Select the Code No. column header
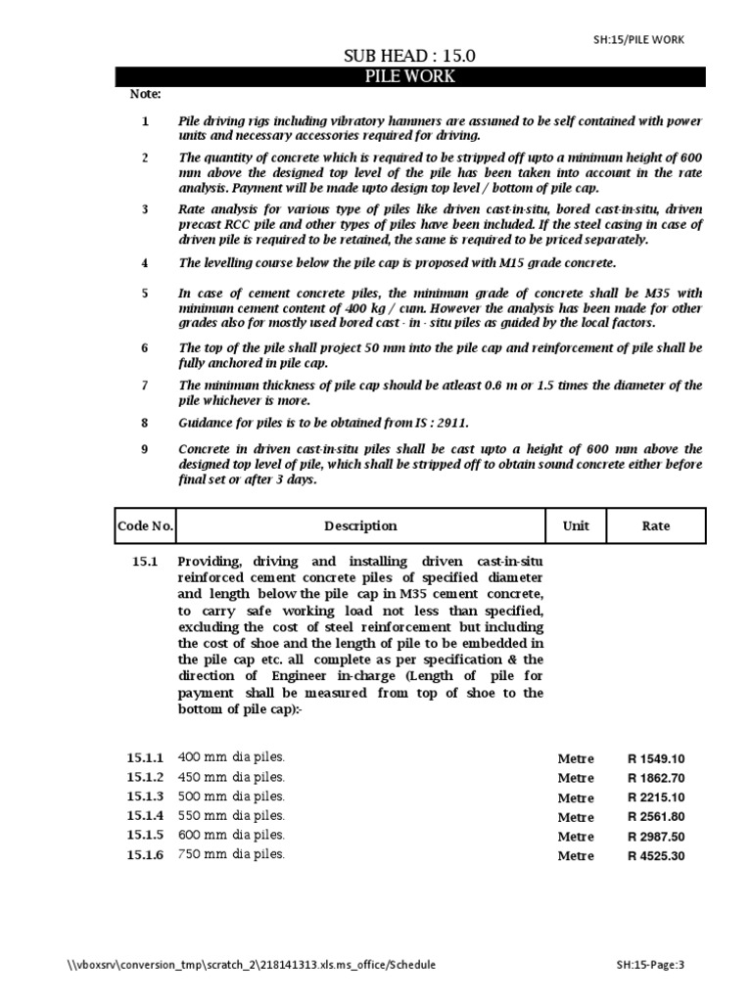tap(145, 525)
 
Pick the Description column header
tap(360, 525)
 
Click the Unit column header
tap(576, 525)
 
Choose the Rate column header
tap(656, 525)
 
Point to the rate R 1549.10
tap(656, 758)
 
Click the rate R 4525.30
tap(656, 855)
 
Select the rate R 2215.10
tap(656, 797)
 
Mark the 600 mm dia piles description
tap(231, 835)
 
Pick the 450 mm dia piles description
tap(231, 777)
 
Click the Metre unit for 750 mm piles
tap(576, 855)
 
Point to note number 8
tap(145, 423)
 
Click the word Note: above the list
tap(145, 94)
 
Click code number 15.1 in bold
tap(144, 562)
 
